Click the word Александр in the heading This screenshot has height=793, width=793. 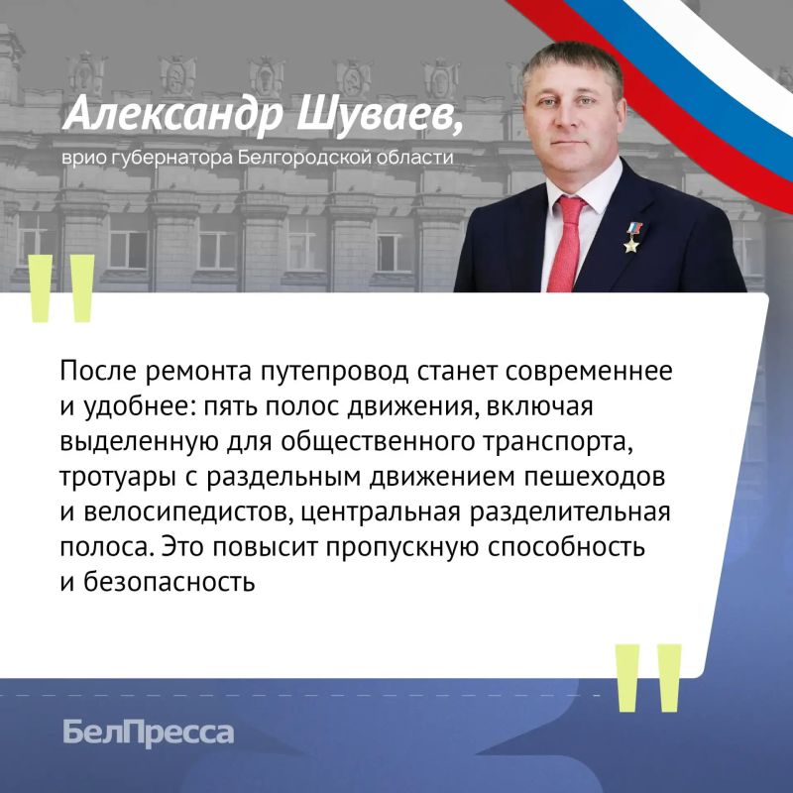coord(172,115)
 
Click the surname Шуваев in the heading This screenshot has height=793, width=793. coord(380,115)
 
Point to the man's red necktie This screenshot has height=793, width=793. coord(567,244)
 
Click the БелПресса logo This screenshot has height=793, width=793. coord(149,733)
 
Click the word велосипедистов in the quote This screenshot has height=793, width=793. coord(187,512)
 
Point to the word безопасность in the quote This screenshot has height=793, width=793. coord(169,582)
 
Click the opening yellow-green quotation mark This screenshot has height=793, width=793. coord(62,288)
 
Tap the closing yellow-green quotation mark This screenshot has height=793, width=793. coord(648,678)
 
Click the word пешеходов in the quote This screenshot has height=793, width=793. coord(594,478)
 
